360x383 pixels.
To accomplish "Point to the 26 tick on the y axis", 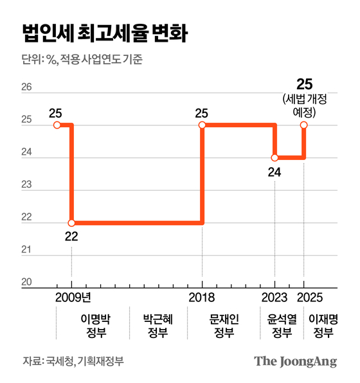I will [x=27, y=87].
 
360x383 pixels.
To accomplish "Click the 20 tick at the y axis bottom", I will [x=27, y=282].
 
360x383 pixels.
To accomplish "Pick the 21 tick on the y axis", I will [x=27, y=250].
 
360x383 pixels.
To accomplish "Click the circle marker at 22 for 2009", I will [x=71, y=222].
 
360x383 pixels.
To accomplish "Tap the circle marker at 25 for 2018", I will [x=203, y=125].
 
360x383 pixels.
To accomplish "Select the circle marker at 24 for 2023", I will [x=274, y=157].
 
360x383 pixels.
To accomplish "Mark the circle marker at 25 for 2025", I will [x=304, y=125].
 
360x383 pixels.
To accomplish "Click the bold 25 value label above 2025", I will [x=304, y=84].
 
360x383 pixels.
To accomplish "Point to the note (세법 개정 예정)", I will [x=304, y=105].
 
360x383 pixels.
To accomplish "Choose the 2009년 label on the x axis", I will [x=73, y=298].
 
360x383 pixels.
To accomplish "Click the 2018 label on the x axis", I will [x=203, y=298].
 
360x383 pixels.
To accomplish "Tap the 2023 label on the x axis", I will [x=274, y=298].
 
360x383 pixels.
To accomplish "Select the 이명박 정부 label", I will [x=94, y=325].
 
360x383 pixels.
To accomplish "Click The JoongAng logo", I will [x=295, y=361].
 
